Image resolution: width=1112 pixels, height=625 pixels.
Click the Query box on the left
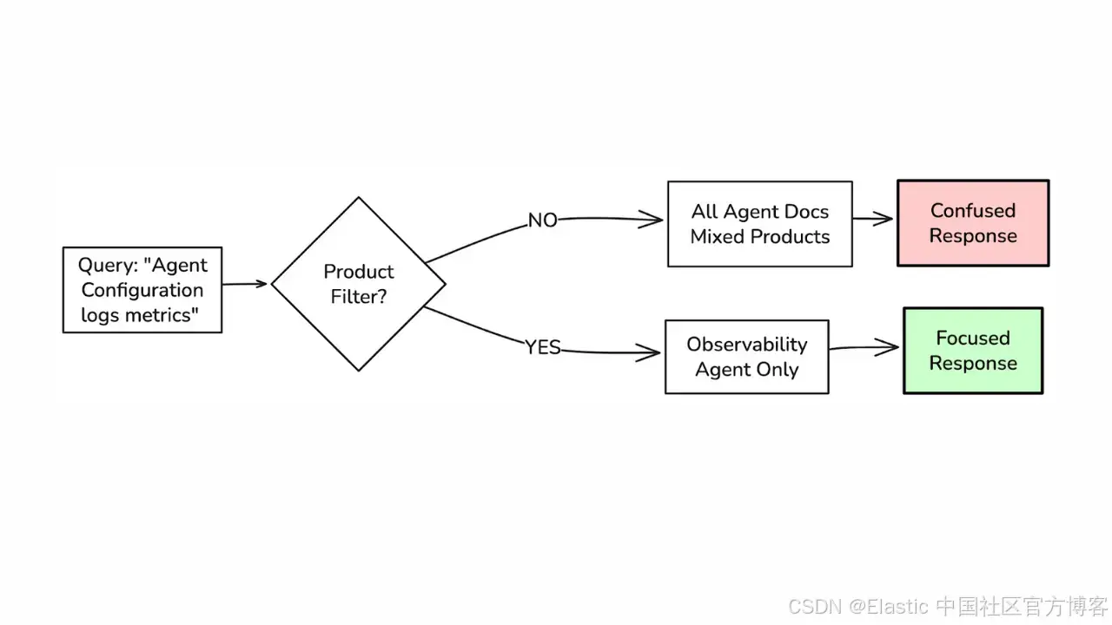coord(142,290)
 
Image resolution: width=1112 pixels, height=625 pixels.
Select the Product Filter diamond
coord(358,284)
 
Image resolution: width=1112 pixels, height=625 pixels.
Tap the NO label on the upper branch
coord(543,220)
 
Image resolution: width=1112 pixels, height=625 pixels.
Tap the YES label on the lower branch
coord(543,348)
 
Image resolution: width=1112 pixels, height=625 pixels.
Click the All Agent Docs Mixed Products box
coord(759,224)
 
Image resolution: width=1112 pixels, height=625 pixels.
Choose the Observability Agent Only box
coord(746,357)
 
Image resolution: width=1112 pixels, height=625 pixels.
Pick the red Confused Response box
coord(972,223)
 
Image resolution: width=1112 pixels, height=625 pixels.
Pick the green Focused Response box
coord(972,351)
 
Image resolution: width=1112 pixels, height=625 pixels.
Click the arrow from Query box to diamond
coord(245,284)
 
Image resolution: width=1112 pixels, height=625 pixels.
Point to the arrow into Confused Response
coord(873,220)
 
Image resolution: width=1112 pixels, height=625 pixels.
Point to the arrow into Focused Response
coord(864,349)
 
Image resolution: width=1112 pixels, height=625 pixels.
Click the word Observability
coord(746,345)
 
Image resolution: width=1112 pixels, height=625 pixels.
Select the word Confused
coord(972,211)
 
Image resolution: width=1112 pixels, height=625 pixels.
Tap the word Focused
coord(972,339)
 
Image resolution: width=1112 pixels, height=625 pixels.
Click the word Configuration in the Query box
coord(142,290)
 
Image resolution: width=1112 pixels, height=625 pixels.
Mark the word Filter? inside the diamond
coord(358,297)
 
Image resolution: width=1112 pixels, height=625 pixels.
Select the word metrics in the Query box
coord(159,315)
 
